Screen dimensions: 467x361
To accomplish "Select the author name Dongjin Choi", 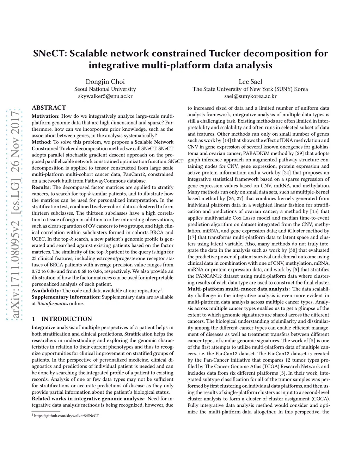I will pyautogui.click(x=105, y=81).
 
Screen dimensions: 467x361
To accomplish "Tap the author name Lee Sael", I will pyautogui.click(x=250, y=81).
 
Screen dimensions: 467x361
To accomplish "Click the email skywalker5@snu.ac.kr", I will pyautogui.click(x=105, y=96).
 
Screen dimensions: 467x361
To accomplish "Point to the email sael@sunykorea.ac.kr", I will pyautogui.click(x=250, y=96).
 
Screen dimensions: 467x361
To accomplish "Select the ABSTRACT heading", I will pyautogui.click(x=49, y=107).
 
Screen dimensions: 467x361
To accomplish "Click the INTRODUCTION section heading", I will pyautogui.click(x=67, y=319).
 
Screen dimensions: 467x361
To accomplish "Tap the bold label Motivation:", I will pyautogui.click(x=45, y=116).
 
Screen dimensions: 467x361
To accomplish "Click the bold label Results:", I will pyautogui.click(x=41, y=187).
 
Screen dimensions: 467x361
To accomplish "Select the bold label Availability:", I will pyautogui.click(x=46, y=290).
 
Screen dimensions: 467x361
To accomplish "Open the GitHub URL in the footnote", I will pyautogui.click(x=66, y=416).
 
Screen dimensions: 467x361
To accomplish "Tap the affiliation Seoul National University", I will pyautogui.click(x=105, y=89).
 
